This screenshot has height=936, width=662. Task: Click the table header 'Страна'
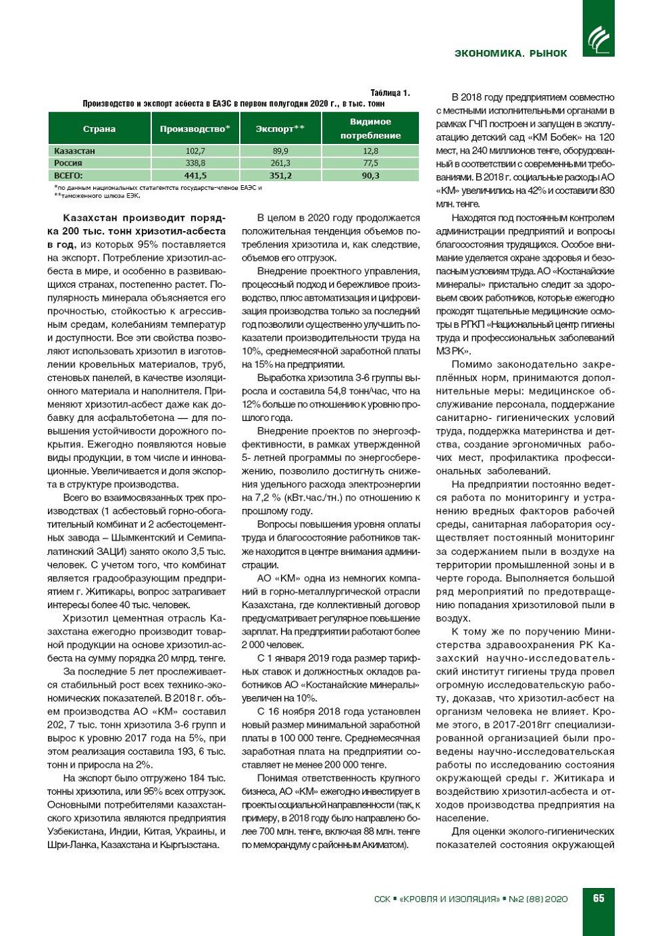click(x=99, y=128)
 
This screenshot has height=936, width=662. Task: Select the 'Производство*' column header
click(x=195, y=128)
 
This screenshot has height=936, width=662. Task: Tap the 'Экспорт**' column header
click(x=280, y=128)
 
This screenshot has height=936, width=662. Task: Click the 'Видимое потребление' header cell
click(x=370, y=128)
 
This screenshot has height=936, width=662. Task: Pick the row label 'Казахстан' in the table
click(x=74, y=151)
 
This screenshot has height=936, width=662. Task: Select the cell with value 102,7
click(x=195, y=151)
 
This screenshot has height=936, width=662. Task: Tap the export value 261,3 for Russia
click(x=280, y=163)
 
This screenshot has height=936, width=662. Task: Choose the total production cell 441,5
click(x=195, y=175)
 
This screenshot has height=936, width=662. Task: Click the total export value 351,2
click(x=280, y=175)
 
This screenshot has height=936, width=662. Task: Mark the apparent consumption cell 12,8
click(x=370, y=151)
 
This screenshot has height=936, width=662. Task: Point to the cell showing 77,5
click(x=370, y=163)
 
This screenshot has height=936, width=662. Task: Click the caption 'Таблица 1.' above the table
click(x=390, y=93)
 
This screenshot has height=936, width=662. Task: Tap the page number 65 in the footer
click(x=599, y=898)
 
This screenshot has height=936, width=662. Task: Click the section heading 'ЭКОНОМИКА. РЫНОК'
click(x=511, y=53)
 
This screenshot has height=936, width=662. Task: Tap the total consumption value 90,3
click(x=370, y=175)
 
